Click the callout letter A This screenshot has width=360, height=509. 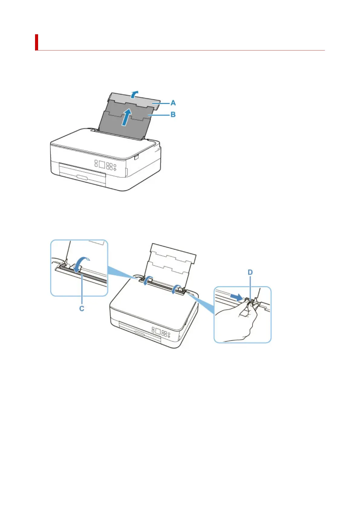click(173, 103)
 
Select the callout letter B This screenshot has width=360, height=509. click(173, 115)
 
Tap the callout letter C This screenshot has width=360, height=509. click(82, 309)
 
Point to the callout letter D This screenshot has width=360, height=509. click(250, 272)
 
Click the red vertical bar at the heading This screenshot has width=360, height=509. click(37, 42)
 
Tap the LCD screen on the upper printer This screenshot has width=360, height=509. click(102, 165)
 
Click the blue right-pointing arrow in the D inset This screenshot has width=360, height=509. click(236, 298)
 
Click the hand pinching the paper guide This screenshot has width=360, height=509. click(239, 323)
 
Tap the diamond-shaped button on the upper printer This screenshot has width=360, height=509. click(115, 169)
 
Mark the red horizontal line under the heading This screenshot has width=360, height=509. click(181, 50)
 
